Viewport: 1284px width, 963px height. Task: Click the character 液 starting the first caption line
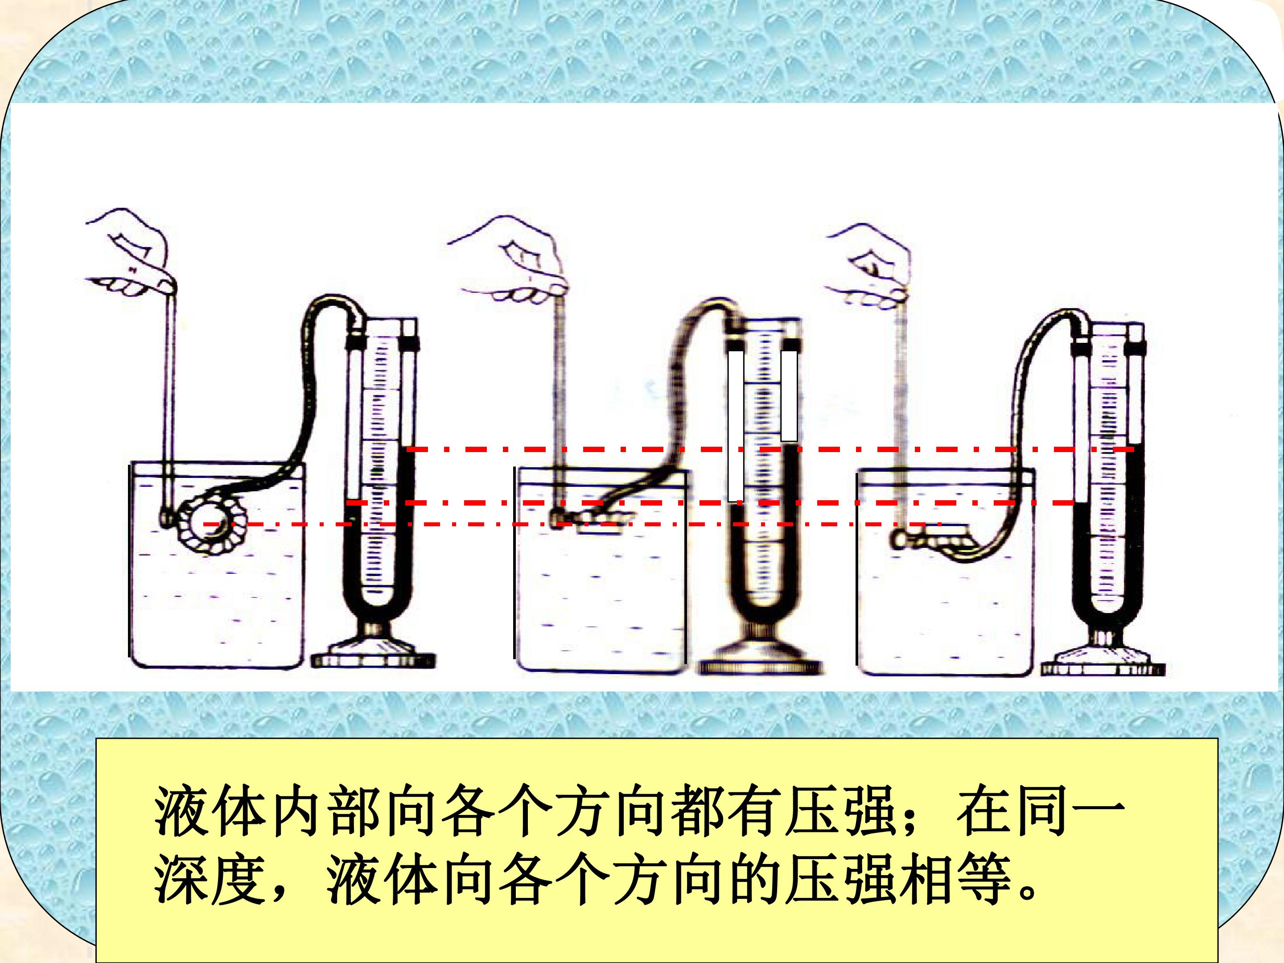pos(180,809)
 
